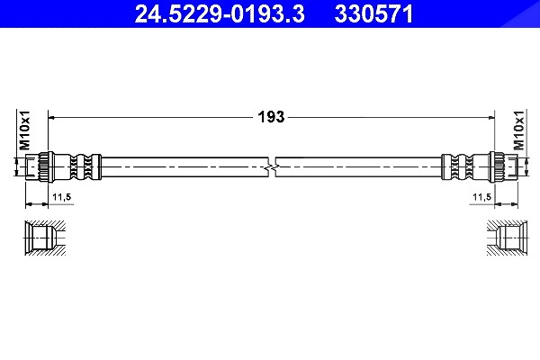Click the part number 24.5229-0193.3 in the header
pos(220,14)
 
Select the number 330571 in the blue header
pos(373,14)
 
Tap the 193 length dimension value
pos(272,117)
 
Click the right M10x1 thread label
pos(518,130)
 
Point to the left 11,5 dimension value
pos(61,197)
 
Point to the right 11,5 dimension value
pos(481,197)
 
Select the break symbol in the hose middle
pos(272,167)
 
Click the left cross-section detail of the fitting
pos(45,238)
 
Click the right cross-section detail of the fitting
pos(508,238)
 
